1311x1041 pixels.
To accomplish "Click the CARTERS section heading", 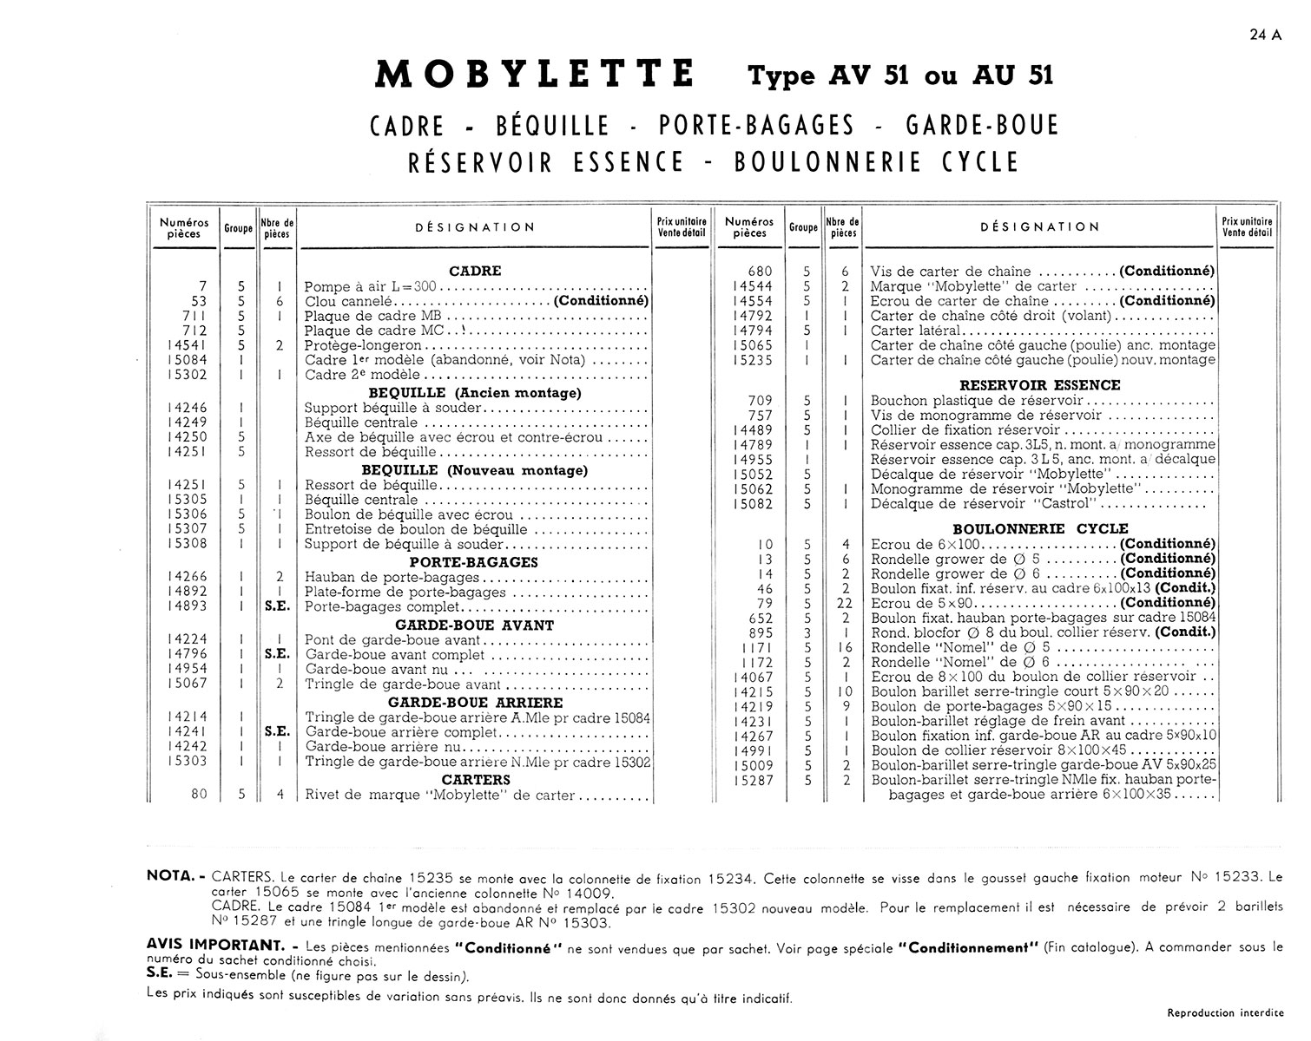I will (x=475, y=780).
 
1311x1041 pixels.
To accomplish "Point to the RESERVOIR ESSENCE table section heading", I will (x=1040, y=385).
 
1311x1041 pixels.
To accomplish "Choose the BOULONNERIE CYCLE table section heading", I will (x=1040, y=528).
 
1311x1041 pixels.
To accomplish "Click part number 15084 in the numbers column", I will (x=188, y=360).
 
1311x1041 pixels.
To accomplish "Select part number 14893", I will (x=188, y=606).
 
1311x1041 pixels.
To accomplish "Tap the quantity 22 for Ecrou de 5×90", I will (x=845, y=603).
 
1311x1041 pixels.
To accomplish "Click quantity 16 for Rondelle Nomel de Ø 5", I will (x=845, y=648).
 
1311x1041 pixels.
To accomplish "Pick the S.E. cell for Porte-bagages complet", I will (x=277, y=607).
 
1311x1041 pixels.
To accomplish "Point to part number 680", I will (x=761, y=272).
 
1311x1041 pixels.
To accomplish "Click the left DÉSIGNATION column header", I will (x=475, y=227).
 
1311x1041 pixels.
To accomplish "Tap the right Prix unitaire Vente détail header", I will (x=1247, y=227).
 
